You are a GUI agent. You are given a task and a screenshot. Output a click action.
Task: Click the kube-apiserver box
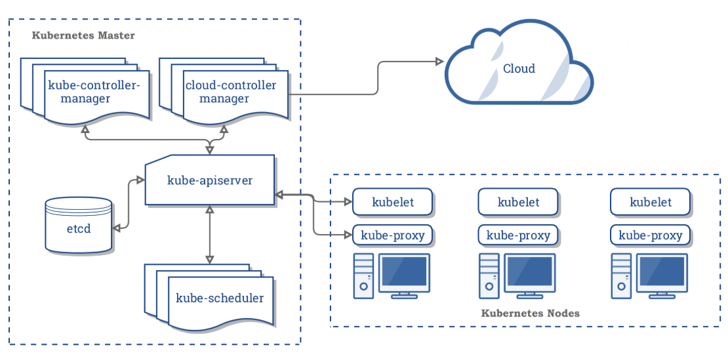[x=209, y=180]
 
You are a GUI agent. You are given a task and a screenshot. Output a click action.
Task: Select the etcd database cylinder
[x=78, y=226]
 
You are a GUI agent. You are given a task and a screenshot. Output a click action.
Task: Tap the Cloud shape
[x=519, y=70]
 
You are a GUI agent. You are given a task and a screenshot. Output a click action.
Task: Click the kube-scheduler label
[x=220, y=298]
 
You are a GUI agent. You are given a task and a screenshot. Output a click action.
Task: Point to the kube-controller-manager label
[x=94, y=92]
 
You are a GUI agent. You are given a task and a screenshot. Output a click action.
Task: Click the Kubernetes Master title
[x=83, y=35]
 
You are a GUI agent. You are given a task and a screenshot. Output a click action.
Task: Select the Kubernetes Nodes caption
[x=531, y=313]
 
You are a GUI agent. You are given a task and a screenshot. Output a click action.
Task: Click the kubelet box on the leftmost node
[x=393, y=202]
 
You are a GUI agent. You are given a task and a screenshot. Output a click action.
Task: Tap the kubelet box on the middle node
[x=518, y=202]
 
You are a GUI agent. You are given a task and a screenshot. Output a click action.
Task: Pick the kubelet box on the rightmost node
[x=651, y=202]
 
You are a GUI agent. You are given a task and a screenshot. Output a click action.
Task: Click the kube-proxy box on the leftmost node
[x=393, y=235]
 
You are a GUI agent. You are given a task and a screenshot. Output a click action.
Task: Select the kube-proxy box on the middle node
[x=518, y=235]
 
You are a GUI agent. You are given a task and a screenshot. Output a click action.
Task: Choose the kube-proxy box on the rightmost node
[x=651, y=235]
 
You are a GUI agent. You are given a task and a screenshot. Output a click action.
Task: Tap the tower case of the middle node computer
[x=488, y=275]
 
